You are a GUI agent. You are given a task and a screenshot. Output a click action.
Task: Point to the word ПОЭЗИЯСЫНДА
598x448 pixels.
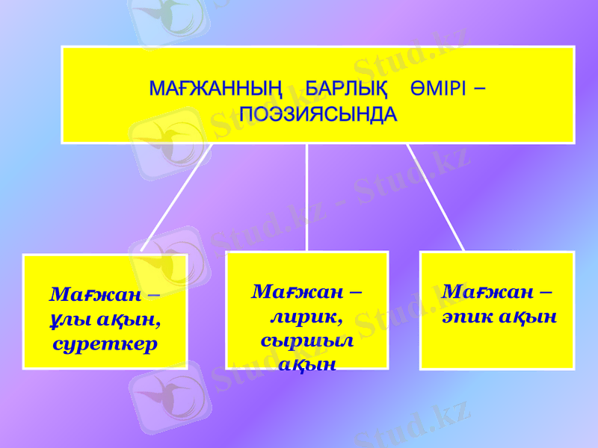click(318, 115)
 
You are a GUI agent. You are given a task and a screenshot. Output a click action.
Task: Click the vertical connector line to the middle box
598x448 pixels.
click(307, 197)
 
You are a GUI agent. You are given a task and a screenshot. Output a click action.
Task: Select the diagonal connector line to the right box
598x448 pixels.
click(435, 197)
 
